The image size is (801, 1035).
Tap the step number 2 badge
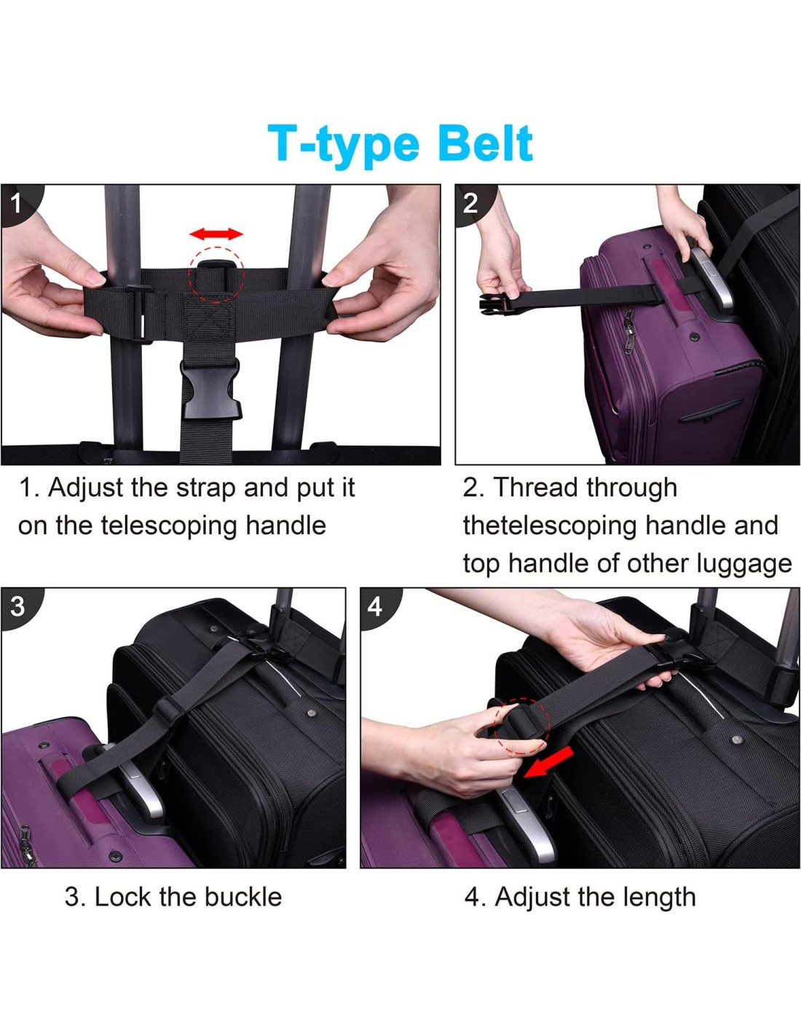(x=470, y=204)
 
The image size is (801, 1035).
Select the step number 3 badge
(x=17, y=607)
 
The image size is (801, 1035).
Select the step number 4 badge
(x=374, y=607)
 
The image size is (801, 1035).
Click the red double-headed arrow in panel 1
(x=216, y=234)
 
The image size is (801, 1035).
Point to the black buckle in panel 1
(x=210, y=389)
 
